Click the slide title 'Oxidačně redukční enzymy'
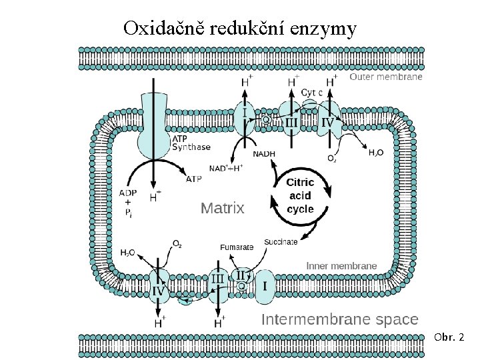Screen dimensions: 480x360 [x=240, y=29]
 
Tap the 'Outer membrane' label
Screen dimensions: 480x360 [x=386, y=77]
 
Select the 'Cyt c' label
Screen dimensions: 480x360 [x=311, y=92]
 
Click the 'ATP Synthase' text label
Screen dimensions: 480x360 [x=191, y=143]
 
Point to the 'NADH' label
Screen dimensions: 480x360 [x=264, y=154]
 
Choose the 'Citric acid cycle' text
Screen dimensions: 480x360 [x=300, y=195]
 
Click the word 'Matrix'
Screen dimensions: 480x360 [x=223, y=208]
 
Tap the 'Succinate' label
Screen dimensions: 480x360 [x=281, y=242]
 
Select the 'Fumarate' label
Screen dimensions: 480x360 [x=237, y=247]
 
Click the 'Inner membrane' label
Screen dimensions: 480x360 [x=341, y=265]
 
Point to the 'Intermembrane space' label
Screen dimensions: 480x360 [x=339, y=319]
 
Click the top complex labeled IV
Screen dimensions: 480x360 [x=328, y=122]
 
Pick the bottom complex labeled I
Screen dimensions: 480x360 [x=265, y=286]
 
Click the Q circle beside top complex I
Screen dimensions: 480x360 [x=265, y=120]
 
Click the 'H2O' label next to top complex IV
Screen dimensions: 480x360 [x=376, y=153]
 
